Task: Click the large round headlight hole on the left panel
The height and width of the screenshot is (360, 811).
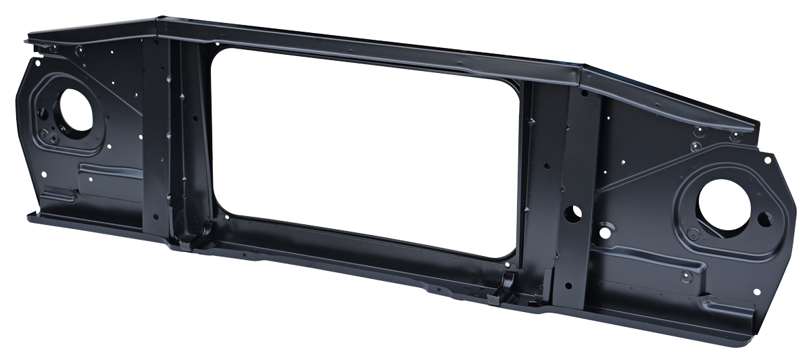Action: click(71, 108)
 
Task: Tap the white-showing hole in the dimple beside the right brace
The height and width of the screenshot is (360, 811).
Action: click(604, 232)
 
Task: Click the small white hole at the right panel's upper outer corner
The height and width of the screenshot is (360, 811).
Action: click(767, 160)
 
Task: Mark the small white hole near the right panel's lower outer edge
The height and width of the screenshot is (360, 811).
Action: click(756, 292)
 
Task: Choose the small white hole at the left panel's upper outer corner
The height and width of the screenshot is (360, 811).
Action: click(37, 63)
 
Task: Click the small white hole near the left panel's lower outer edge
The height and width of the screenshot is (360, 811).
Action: click(44, 174)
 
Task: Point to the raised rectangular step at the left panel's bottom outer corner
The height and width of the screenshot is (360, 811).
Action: click(59, 197)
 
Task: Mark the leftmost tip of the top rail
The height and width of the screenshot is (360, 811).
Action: click(27, 40)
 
